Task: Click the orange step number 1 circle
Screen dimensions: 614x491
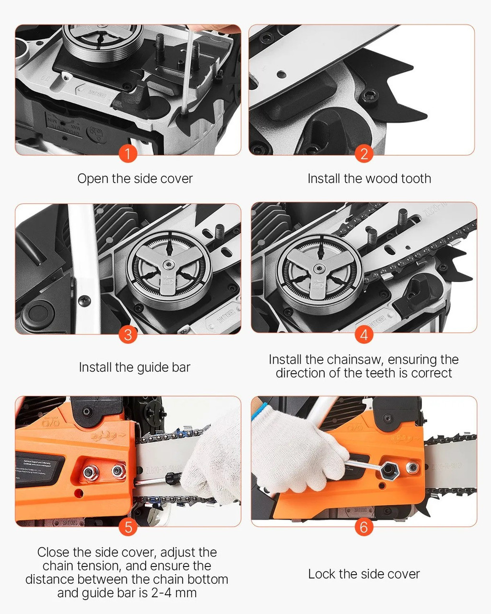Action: [128, 154]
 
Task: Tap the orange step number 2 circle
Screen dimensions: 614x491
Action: [364, 154]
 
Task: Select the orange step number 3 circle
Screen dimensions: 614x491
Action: [128, 334]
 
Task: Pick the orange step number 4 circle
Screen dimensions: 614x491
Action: [364, 334]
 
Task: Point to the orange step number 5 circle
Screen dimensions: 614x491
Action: [128, 527]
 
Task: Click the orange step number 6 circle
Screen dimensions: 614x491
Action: [364, 527]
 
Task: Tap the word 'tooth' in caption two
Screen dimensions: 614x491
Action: [416, 179]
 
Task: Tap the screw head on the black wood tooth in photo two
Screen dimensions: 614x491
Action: [369, 96]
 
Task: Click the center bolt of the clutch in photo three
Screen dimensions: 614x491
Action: [169, 264]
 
